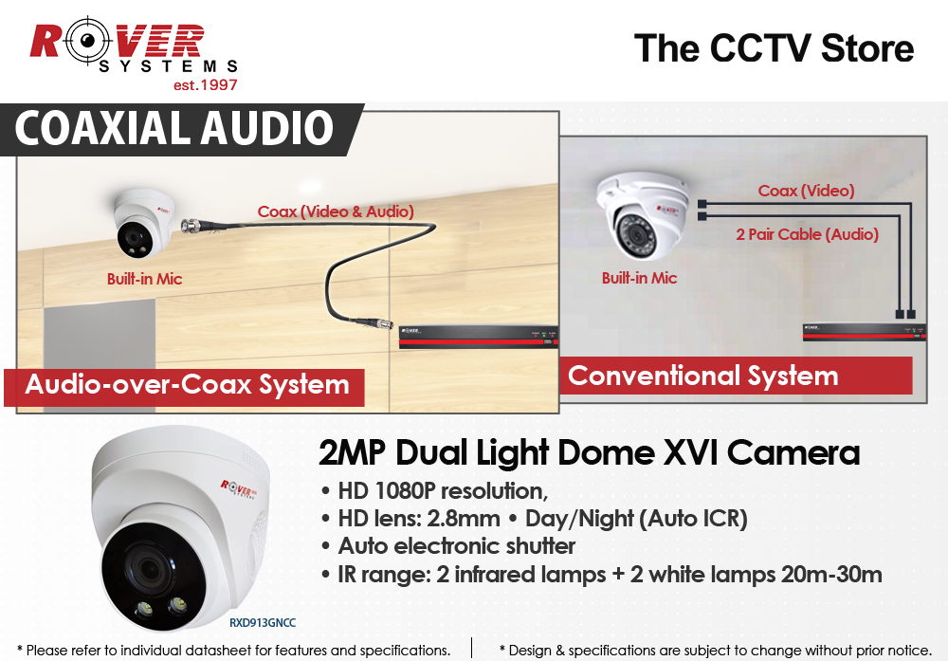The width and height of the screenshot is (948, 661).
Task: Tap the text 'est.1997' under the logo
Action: pyautogui.click(x=205, y=85)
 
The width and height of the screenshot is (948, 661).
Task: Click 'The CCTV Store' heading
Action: pyautogui.click(x=774, y=48)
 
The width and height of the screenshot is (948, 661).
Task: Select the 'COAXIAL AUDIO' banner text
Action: pyautogui.click(x=174, y=129)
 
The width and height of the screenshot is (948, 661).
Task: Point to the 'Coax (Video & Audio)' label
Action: pyautogui.click(x=336, y=211)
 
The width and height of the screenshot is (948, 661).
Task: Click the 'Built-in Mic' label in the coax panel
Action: pyautogui.click(x=144, y=279)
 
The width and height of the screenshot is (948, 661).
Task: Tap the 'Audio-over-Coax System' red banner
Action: pyautogui.click(x=187, y=385)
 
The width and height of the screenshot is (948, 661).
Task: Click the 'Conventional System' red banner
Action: pyautogui.click(x=702, y=376)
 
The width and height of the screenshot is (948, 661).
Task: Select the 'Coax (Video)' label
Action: pyautogui.click(x=806, y=191)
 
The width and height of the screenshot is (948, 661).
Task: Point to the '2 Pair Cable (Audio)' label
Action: pyautogui.click(x=807, y=233)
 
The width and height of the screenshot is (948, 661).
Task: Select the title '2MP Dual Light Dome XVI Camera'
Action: pyautogui.click(x=589, y=452)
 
